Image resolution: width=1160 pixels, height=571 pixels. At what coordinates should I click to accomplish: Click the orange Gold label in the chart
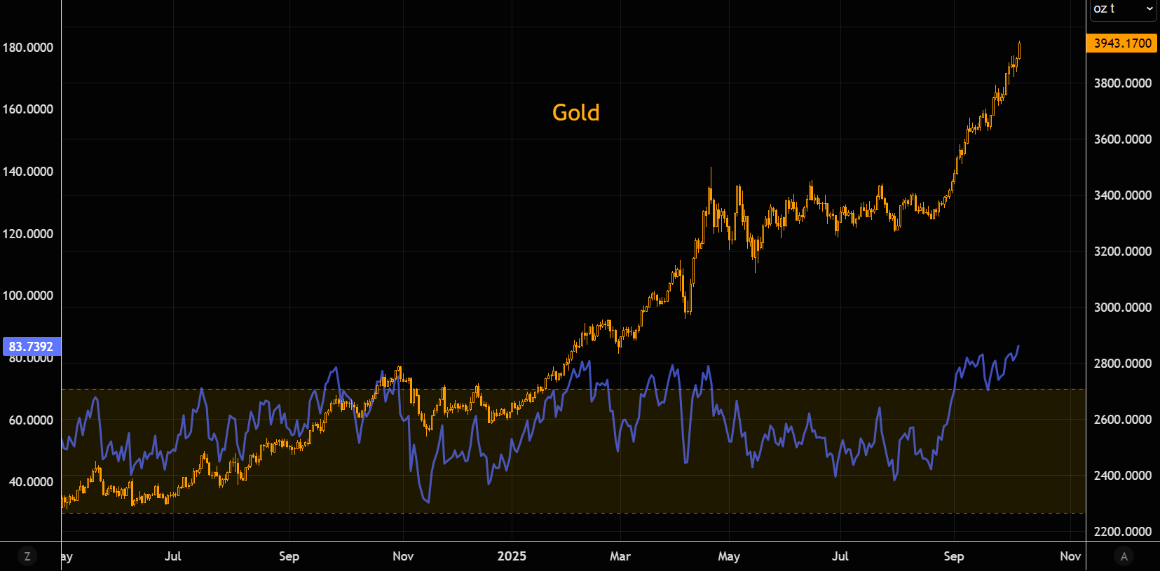(575, 113)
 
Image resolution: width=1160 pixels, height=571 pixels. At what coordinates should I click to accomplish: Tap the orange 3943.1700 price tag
(1121, 43)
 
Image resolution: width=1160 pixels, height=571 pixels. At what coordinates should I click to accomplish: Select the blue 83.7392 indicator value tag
(31, 347)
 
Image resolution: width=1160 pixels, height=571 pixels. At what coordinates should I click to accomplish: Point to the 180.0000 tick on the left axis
(28, 48)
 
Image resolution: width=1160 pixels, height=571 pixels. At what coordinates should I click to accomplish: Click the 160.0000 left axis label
(28, 109)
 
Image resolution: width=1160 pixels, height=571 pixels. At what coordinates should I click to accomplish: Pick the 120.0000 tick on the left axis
(28, 234)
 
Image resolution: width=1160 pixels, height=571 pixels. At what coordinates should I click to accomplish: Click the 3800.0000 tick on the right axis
(1122, 83)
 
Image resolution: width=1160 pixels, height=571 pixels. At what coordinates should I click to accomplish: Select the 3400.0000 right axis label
(1122, 195)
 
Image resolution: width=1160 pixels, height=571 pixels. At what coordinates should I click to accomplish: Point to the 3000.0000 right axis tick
(1122, 308)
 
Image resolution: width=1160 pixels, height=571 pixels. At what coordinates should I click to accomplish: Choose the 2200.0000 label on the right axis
(1122, 532)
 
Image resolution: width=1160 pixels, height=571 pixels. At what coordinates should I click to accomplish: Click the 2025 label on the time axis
(512, 556)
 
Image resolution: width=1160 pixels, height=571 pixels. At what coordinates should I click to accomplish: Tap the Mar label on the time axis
(620, 556)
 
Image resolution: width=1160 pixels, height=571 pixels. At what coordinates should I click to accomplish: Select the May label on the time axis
(729, 556)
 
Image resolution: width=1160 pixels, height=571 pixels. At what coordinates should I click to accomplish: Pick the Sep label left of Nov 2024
(289, 556)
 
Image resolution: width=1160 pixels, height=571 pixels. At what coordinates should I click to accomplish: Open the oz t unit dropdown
(1122, 8)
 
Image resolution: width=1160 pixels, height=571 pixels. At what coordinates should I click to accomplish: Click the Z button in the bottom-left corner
(27, 556)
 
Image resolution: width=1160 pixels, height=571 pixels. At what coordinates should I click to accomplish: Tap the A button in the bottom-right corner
(1124, 556)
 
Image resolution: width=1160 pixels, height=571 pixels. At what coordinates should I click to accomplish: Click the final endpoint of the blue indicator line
(1018, 345)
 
